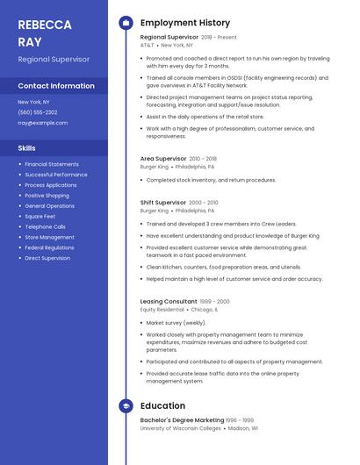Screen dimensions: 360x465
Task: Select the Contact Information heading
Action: coord(56,86)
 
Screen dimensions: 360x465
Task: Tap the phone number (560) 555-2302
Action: coord(38,112)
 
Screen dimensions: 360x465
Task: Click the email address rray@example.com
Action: coord(42,123)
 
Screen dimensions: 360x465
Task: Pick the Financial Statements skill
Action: coord(52,164)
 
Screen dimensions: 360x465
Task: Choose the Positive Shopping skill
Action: coord(47,196)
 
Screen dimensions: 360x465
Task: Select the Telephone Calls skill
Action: coord(45,226)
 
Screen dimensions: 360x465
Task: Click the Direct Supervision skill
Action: coord(47,258)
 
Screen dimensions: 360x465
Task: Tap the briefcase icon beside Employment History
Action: coord(126,23)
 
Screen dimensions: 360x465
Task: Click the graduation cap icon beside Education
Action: coord(126,406)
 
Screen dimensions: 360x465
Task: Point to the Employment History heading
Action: coord(185,23)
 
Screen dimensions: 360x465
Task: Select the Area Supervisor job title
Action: coord(162,159)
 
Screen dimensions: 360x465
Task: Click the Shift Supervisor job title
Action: coord(162,203)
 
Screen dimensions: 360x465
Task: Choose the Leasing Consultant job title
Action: coord(169,301)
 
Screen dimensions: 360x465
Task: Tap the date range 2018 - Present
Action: coord(219,38)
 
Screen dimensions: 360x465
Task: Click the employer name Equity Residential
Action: coord(162,309)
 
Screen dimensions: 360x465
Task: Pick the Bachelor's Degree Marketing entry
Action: coord(182,420)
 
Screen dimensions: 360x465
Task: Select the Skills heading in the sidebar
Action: coord(27,148)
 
